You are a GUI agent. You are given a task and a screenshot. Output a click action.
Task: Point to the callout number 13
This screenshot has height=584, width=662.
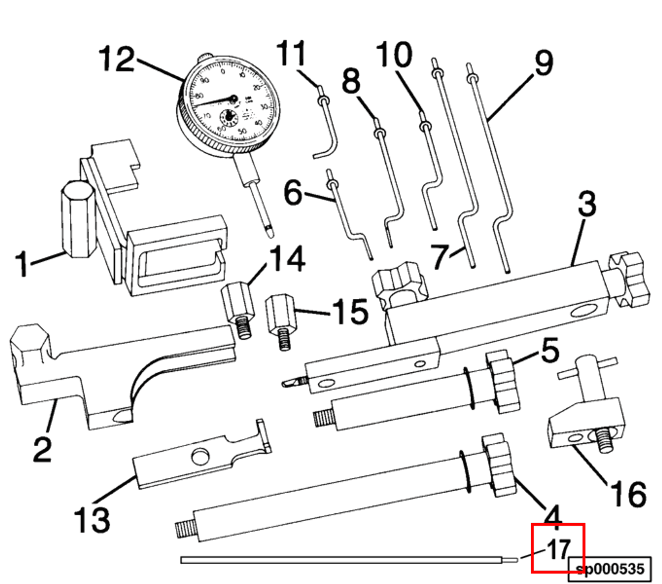coord(92,520)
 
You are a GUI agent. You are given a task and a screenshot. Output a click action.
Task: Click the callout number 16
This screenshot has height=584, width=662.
coord(628,494)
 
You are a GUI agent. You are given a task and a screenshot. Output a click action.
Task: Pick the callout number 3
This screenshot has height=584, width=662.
coord(587,204)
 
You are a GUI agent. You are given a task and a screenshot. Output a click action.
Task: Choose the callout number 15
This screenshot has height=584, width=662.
coord(351,311)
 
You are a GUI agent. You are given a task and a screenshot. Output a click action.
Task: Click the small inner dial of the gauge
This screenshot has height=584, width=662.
coord(228,117)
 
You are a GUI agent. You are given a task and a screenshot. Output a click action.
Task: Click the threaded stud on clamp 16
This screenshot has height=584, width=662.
coord(604,440)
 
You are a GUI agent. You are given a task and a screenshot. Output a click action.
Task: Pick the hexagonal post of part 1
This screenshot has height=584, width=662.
coord(78,219)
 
